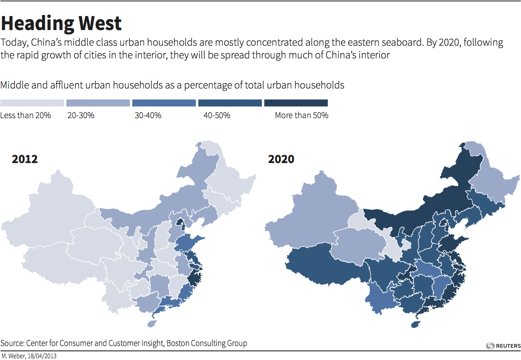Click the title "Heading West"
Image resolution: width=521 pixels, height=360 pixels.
coord(61,23)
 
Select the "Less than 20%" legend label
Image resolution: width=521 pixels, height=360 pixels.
coord(25,115)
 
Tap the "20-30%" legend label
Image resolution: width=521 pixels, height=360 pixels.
coord(81,115)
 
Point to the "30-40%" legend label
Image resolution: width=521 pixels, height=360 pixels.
coord(148,115)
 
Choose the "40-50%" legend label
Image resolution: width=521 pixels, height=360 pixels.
coord(217,115)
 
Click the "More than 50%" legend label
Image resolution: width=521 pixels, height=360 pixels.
coord(301,115)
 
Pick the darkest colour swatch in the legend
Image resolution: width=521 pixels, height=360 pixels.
coord(296,103)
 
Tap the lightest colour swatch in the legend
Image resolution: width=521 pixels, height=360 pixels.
coord(32,103)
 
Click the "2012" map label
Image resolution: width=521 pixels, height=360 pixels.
coord(25,159)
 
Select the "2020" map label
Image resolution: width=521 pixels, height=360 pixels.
coord(281,159)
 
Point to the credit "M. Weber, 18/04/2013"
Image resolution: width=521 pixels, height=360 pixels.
coord(29,356)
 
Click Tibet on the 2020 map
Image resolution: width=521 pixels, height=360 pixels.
coord(322,267)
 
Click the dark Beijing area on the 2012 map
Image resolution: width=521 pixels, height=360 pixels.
coord(180,223)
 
